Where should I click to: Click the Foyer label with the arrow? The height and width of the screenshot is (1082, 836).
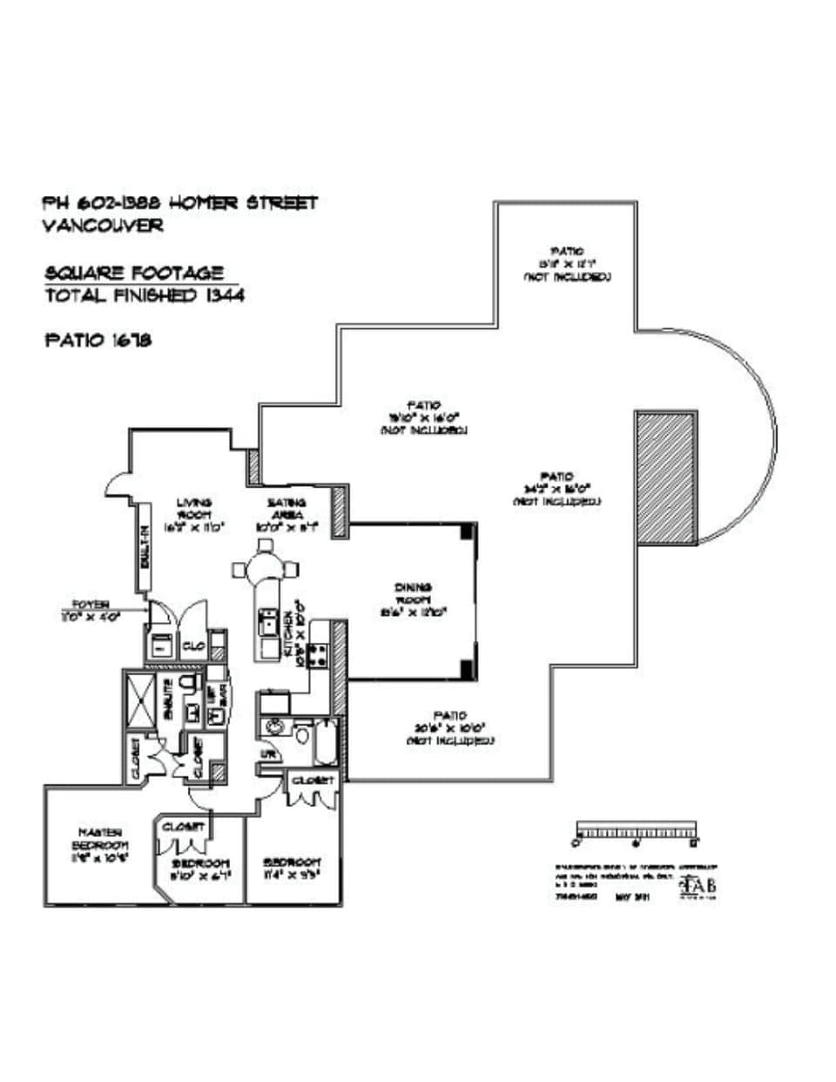click(x=90, y=608)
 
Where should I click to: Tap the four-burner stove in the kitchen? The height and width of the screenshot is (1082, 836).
click(x=319, y=656)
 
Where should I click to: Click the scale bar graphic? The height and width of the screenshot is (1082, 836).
click(x=637, y=831)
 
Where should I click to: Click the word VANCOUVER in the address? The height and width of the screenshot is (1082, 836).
click(x=103, y=225)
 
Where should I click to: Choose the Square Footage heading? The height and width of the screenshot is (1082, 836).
click(x=134, y=274)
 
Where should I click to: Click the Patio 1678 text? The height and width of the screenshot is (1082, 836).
click(x=98, y=340)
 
